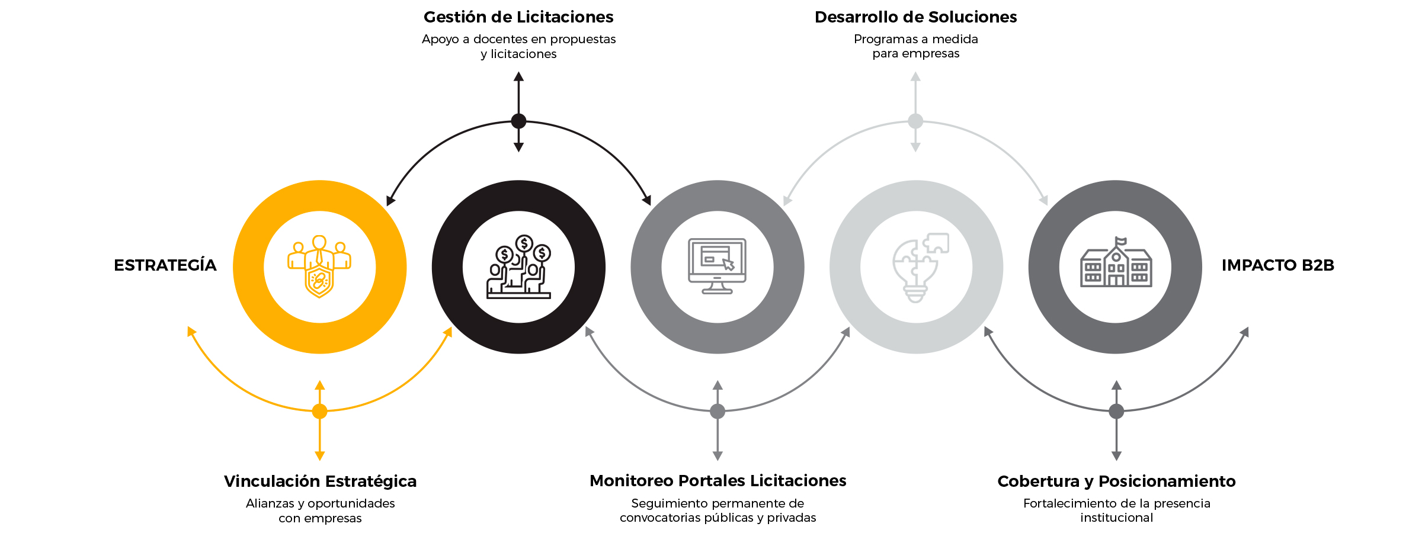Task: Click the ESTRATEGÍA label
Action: [x=165, y=265]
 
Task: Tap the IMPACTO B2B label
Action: [x=1277, y=265]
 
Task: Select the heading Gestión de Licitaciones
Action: [x=518, y=17]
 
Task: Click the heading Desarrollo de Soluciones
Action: [x=915, y=17]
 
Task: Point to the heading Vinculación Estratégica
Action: [x=320, y=481]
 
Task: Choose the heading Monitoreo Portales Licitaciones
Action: [x=718, y=481]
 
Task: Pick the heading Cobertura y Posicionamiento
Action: [x=1116, y=481]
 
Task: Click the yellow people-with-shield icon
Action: [x=319, y=266]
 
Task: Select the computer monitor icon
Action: [x=717, y=266]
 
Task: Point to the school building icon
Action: [x=1116, y=264]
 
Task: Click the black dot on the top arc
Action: [x=518, y=121]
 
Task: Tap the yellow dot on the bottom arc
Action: [x=320, y=411]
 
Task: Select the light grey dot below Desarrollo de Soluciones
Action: [x=915, y=121]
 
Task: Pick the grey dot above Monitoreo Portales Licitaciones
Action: [x=718, y=411]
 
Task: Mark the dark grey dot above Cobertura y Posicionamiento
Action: [x=1116, y=411]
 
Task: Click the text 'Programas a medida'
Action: [x=915, y=39]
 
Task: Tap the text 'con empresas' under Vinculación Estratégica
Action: [x=320, y=518]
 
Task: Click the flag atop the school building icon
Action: [x=1120, y=241]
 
